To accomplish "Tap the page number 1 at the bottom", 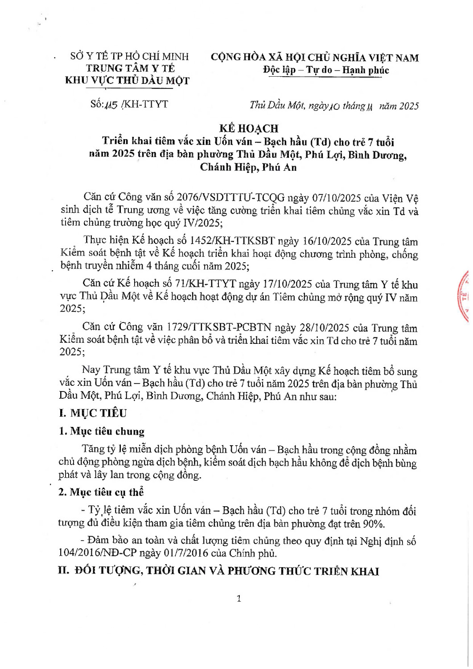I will [x=239, y=599].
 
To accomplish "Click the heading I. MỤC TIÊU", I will [x=93, y=413].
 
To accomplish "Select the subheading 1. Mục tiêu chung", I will [x=102, y=431].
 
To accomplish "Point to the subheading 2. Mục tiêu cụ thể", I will [x=101, y=492].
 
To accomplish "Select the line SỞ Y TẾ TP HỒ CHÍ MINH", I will [x=130, y=56].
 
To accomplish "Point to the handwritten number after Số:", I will [x=110, y=105].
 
